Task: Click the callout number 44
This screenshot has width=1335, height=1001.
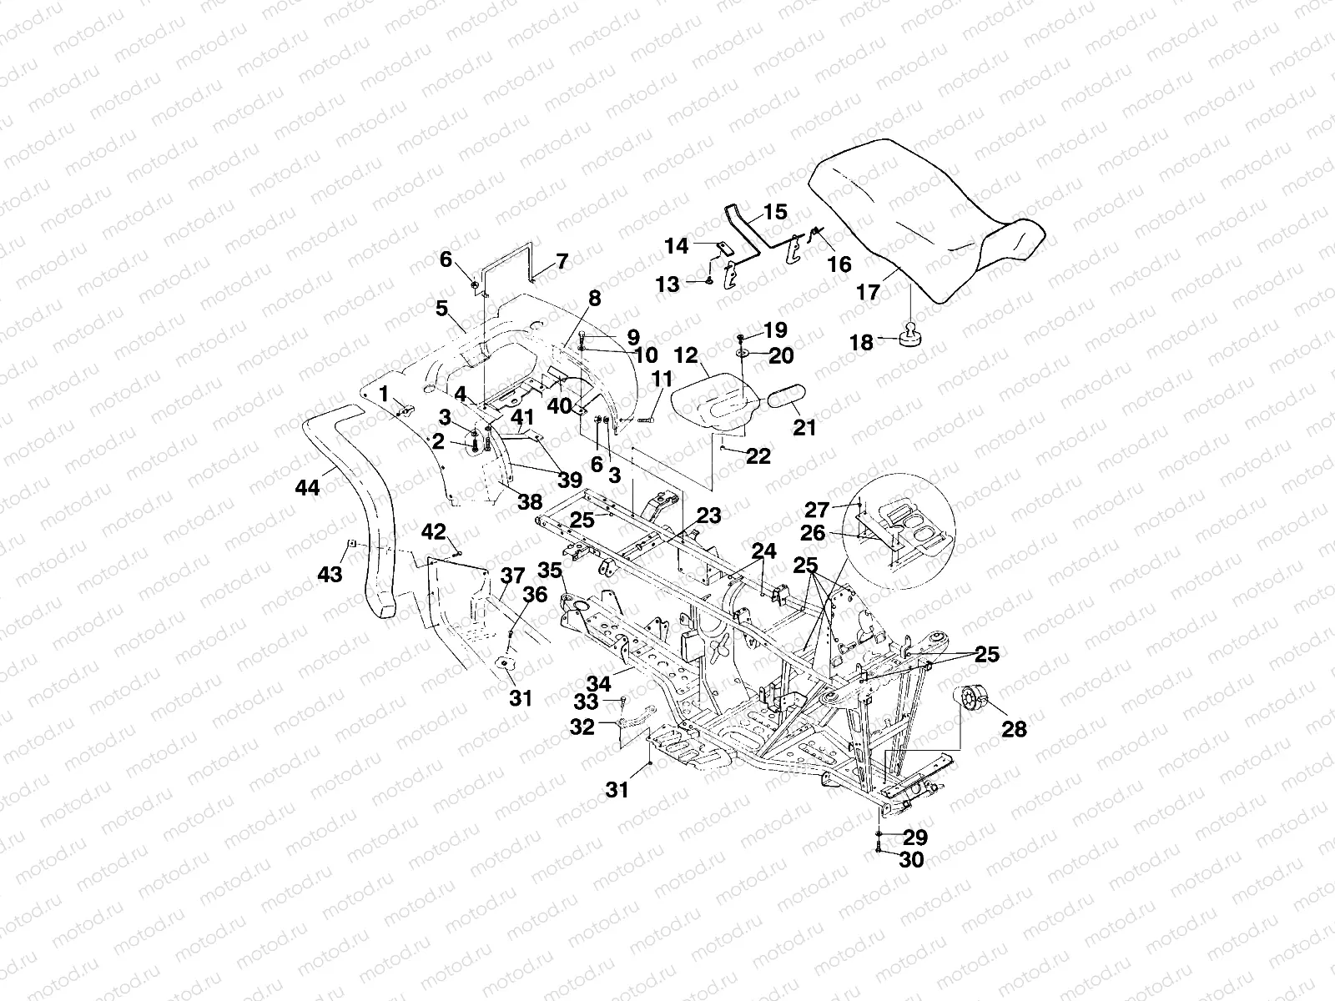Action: (307, 487)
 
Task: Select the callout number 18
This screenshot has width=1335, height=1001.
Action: (862, 343)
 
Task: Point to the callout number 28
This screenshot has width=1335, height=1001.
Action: (1015, 729)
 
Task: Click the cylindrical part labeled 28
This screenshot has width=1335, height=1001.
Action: (971, 697)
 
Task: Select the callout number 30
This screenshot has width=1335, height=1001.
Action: (913, 859)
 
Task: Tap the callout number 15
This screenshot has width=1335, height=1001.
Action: (775, 212)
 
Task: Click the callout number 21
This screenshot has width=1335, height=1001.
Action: (804, 427)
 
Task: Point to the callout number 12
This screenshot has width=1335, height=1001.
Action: (686, 355)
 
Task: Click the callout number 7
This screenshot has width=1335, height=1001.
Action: (562, 261)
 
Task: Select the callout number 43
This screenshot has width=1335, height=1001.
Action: (330, 575)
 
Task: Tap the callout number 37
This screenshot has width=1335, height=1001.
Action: (512, 576)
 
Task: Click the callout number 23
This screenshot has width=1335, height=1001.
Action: (709, 516)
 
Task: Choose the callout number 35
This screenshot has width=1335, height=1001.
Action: (549, 571)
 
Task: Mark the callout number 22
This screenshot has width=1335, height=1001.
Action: (758, 456)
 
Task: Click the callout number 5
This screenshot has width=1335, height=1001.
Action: (441, 309)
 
